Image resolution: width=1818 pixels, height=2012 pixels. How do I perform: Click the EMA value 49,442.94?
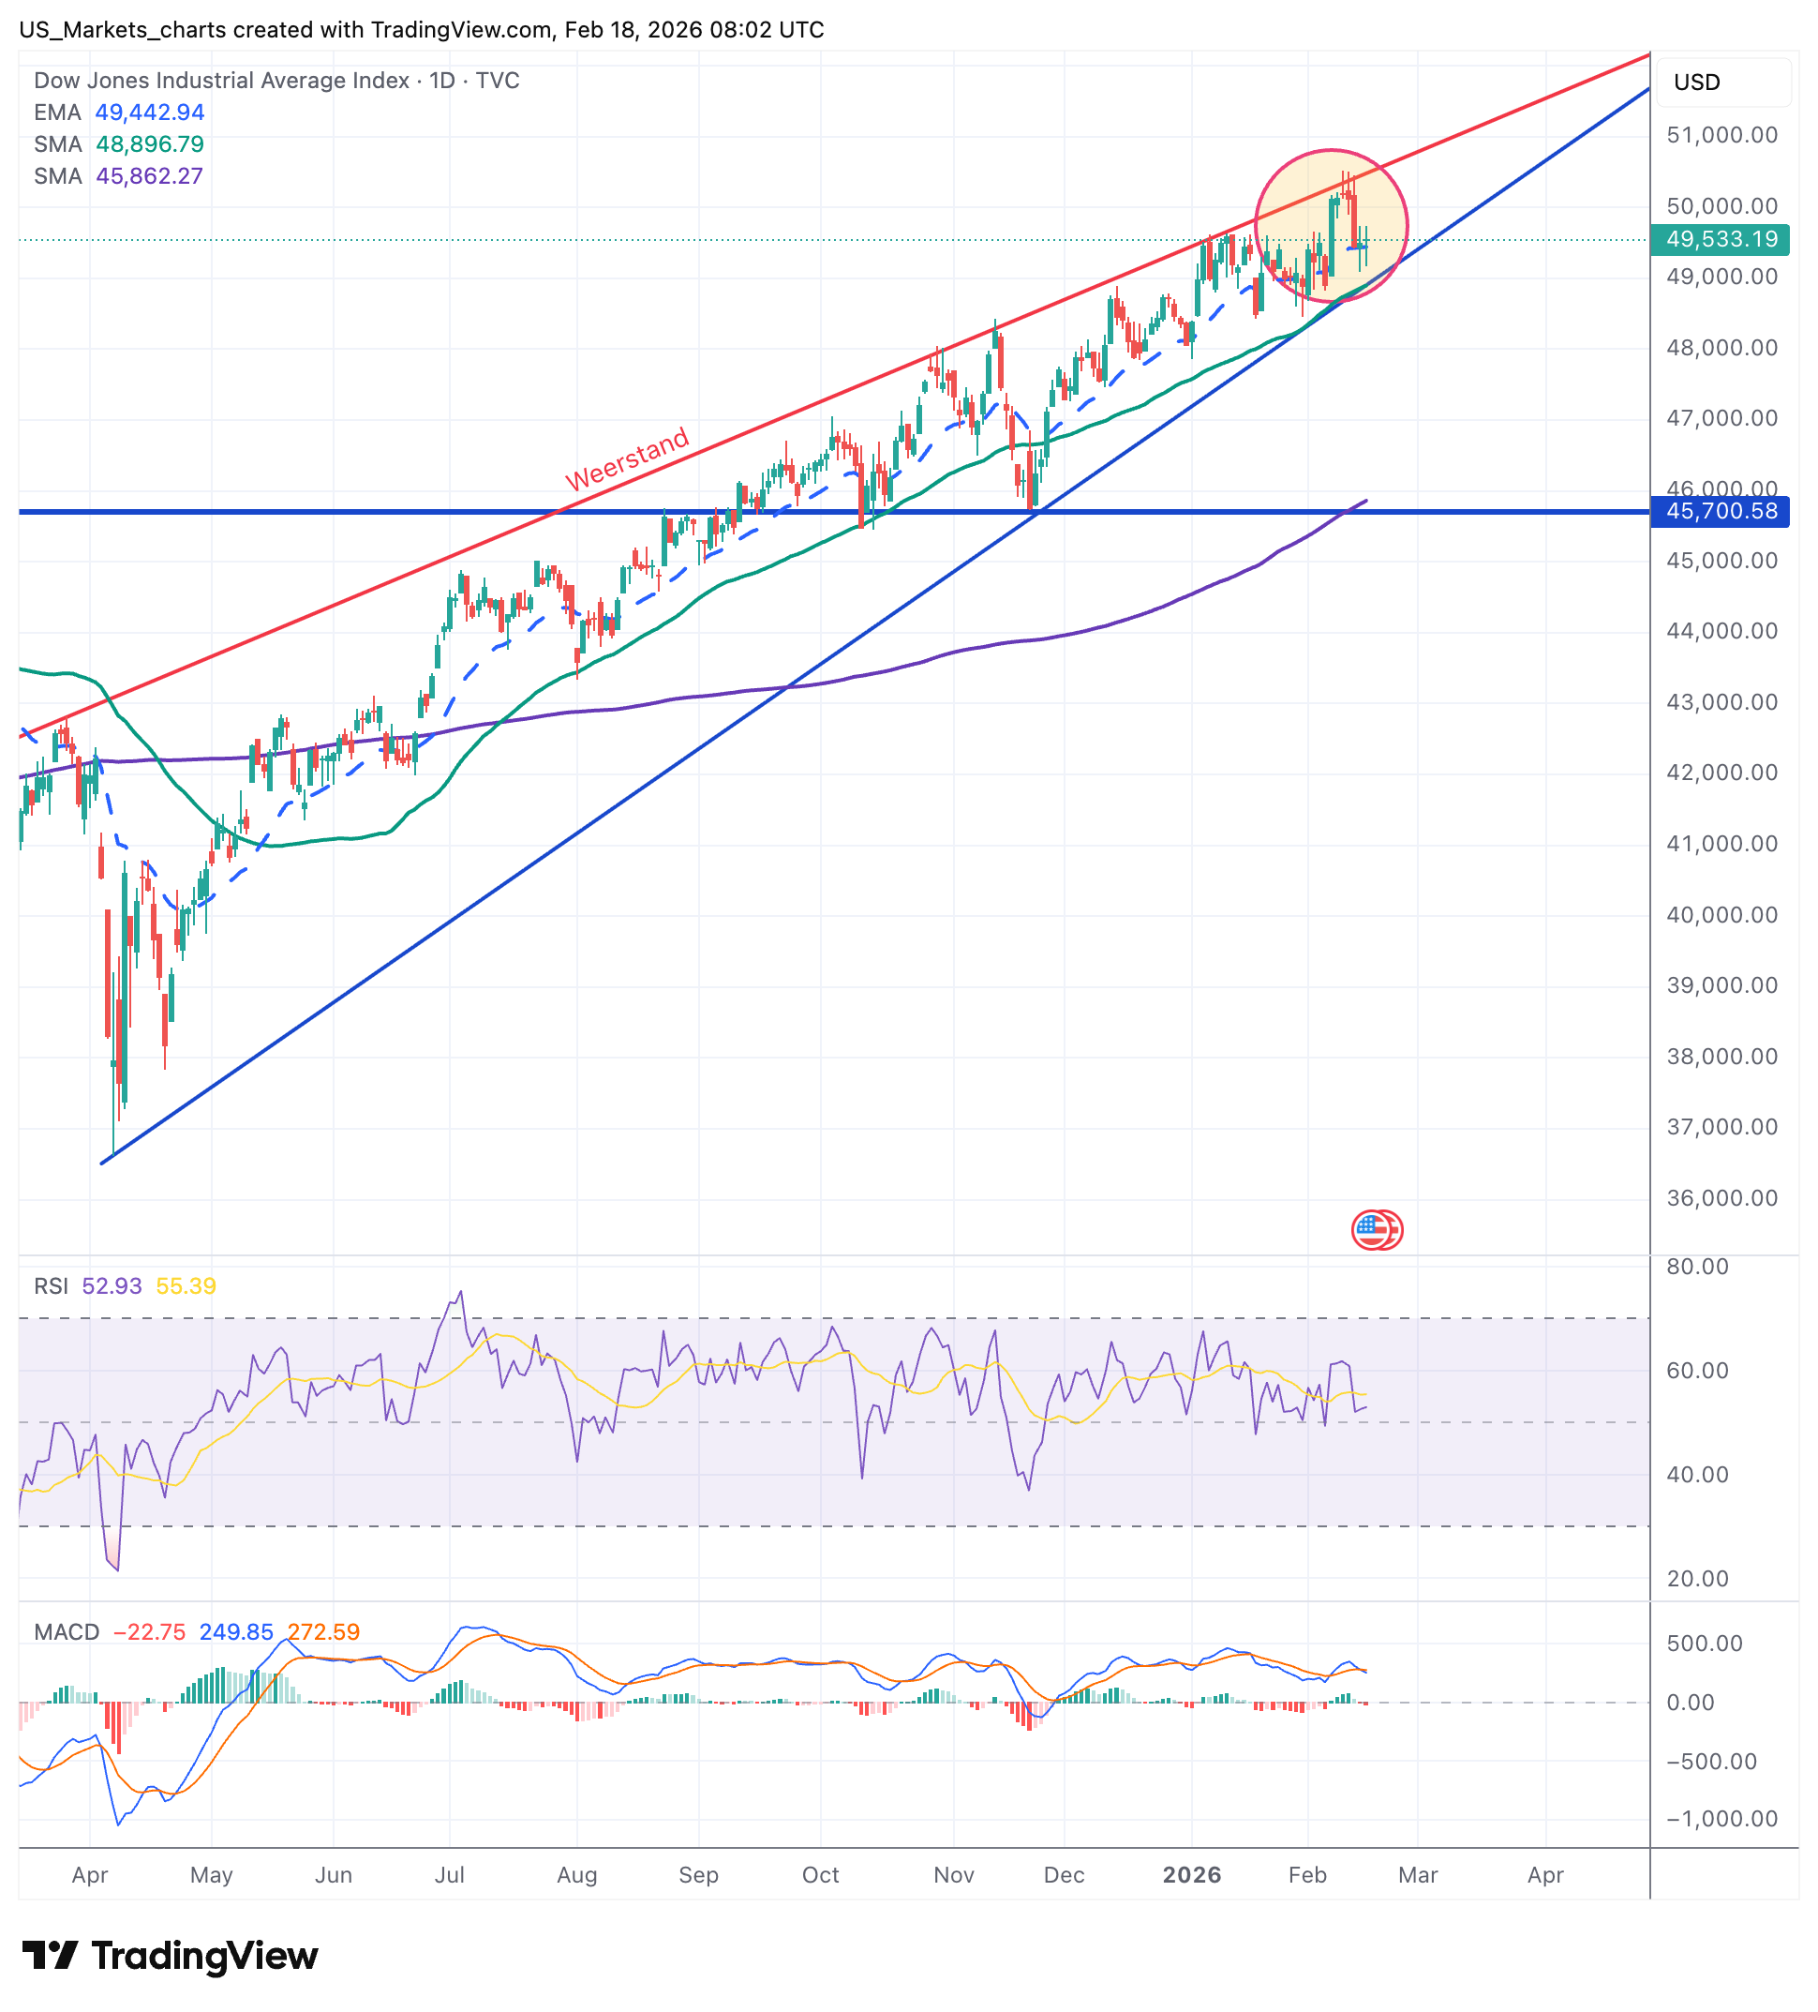(x=150, y=113)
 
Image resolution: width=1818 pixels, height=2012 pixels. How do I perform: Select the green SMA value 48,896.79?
(x=150, y=144)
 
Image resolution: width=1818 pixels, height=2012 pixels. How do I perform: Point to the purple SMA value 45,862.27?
(x=150, y=176)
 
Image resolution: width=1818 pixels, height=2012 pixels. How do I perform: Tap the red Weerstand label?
(x=627, y=458)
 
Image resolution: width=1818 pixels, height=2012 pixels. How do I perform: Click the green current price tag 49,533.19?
(x=1721, y=239)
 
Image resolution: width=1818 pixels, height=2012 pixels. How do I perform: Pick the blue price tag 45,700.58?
(x=1721, y=512)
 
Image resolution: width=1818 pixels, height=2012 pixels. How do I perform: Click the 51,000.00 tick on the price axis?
(x=1721, y=135)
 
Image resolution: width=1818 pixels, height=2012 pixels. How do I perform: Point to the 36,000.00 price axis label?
(x=1721, y=1197)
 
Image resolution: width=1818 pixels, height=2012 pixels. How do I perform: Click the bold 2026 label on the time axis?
(x=1191, y=1874)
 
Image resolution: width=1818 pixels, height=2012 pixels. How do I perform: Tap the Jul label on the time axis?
(x=449, y=1874)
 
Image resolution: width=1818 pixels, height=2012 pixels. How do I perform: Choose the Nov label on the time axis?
(x=953, y=1874)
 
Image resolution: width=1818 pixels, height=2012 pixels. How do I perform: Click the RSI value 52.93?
(x=112, y=1285)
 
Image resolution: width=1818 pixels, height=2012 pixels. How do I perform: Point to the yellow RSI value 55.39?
(x=186, y=1285)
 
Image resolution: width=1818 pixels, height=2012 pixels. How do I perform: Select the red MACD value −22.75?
(x=150, y=1631)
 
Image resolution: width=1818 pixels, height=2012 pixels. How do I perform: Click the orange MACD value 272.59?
(x=323, y=1631)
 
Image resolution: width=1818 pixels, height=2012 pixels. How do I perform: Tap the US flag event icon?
(x=1375, y=1229)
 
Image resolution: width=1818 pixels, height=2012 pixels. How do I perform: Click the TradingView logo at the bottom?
(x=170, y=1956)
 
